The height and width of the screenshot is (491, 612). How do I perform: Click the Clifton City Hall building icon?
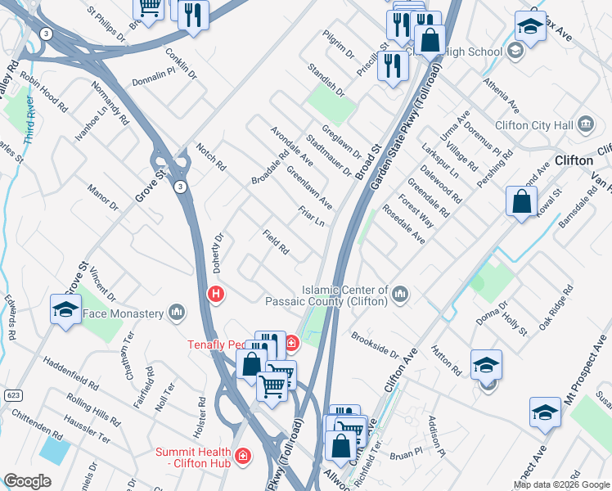pos(586,125)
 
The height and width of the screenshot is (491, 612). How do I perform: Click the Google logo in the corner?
pos(27,481)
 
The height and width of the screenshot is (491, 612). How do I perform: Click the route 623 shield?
pos(10,372)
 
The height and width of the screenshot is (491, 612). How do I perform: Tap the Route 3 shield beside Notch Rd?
pos(178,187)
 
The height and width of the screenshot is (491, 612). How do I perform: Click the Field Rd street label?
pos(276,241)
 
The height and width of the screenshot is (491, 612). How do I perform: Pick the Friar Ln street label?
pos(312,218)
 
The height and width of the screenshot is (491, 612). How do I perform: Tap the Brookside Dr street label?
pos(374,345)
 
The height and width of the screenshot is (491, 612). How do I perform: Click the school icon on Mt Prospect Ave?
pos(545,413)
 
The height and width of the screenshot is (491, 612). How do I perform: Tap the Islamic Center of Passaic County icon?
pos(400,293)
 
